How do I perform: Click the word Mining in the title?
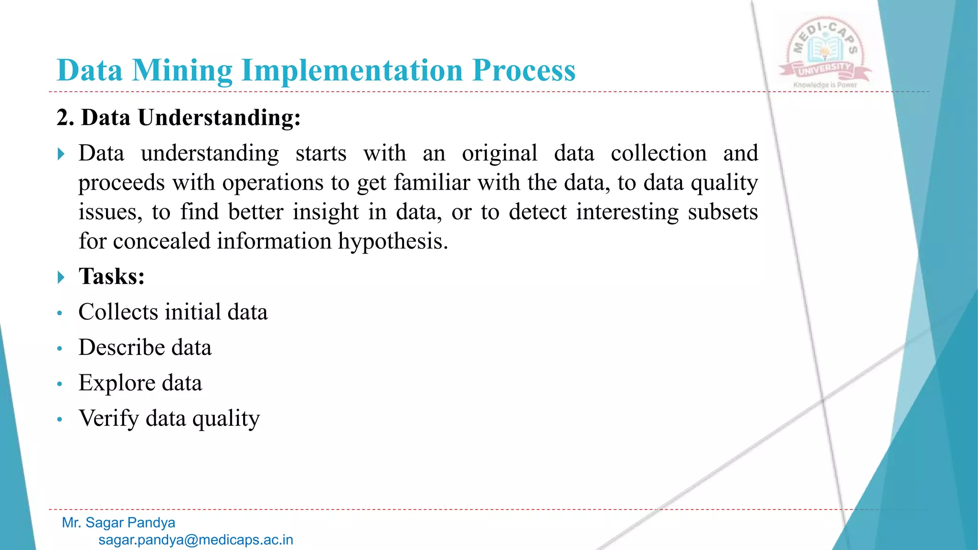182,71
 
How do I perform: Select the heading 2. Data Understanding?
179,117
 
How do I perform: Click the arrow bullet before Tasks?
61,277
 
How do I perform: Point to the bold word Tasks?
112,276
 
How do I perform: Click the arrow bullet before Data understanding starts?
61,154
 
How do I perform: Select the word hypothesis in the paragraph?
393,241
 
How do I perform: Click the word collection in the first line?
659,153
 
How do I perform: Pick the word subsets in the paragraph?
723,212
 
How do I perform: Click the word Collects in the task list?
118,312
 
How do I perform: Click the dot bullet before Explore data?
60,384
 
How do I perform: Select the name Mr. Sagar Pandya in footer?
118,523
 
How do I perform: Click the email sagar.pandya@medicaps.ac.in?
196,540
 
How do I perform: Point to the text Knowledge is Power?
825,85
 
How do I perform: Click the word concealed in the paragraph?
161,241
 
